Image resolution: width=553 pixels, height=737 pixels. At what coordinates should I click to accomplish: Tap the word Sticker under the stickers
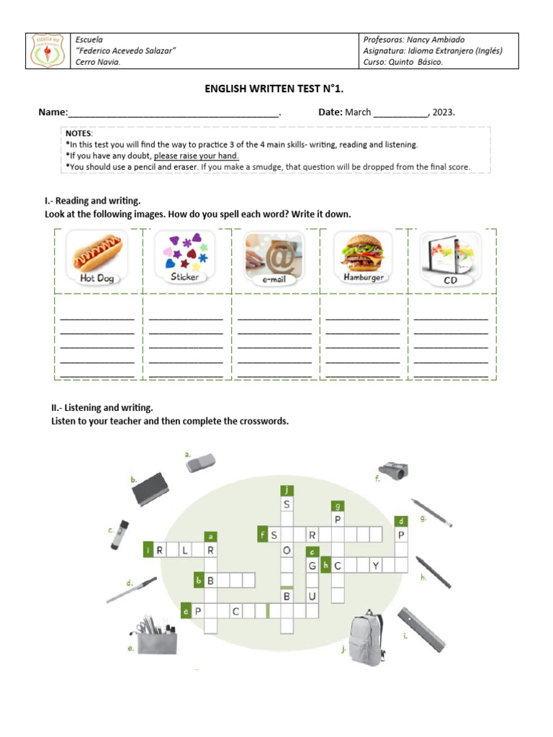(x=184, y=276)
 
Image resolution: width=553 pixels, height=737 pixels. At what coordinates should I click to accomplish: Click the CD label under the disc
(x=451, y=279)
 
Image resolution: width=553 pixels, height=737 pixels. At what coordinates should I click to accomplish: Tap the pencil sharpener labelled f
(x=392, y=469)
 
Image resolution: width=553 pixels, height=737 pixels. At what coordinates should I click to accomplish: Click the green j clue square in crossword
(x=287, y=489)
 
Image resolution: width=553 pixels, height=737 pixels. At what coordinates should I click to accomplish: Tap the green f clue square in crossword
(x=264, y=534)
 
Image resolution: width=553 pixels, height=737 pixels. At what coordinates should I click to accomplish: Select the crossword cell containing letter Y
(x=375, y=566)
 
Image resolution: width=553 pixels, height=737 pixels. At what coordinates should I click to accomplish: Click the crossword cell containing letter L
(x=186, y=551)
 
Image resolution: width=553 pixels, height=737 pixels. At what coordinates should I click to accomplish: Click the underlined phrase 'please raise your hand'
(x=197, y=155)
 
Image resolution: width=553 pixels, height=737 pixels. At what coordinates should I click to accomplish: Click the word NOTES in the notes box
(x=78, y=134)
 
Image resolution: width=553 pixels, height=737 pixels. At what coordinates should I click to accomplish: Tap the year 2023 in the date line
(x=443, y=112)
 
